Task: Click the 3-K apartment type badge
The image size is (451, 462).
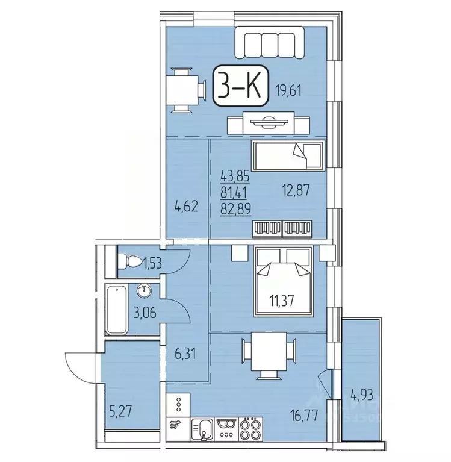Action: (240, 89)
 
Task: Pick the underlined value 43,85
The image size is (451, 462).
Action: (236, 178)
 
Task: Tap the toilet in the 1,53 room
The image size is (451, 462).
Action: (128, 262)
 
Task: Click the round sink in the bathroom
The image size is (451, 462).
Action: (145, 292)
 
